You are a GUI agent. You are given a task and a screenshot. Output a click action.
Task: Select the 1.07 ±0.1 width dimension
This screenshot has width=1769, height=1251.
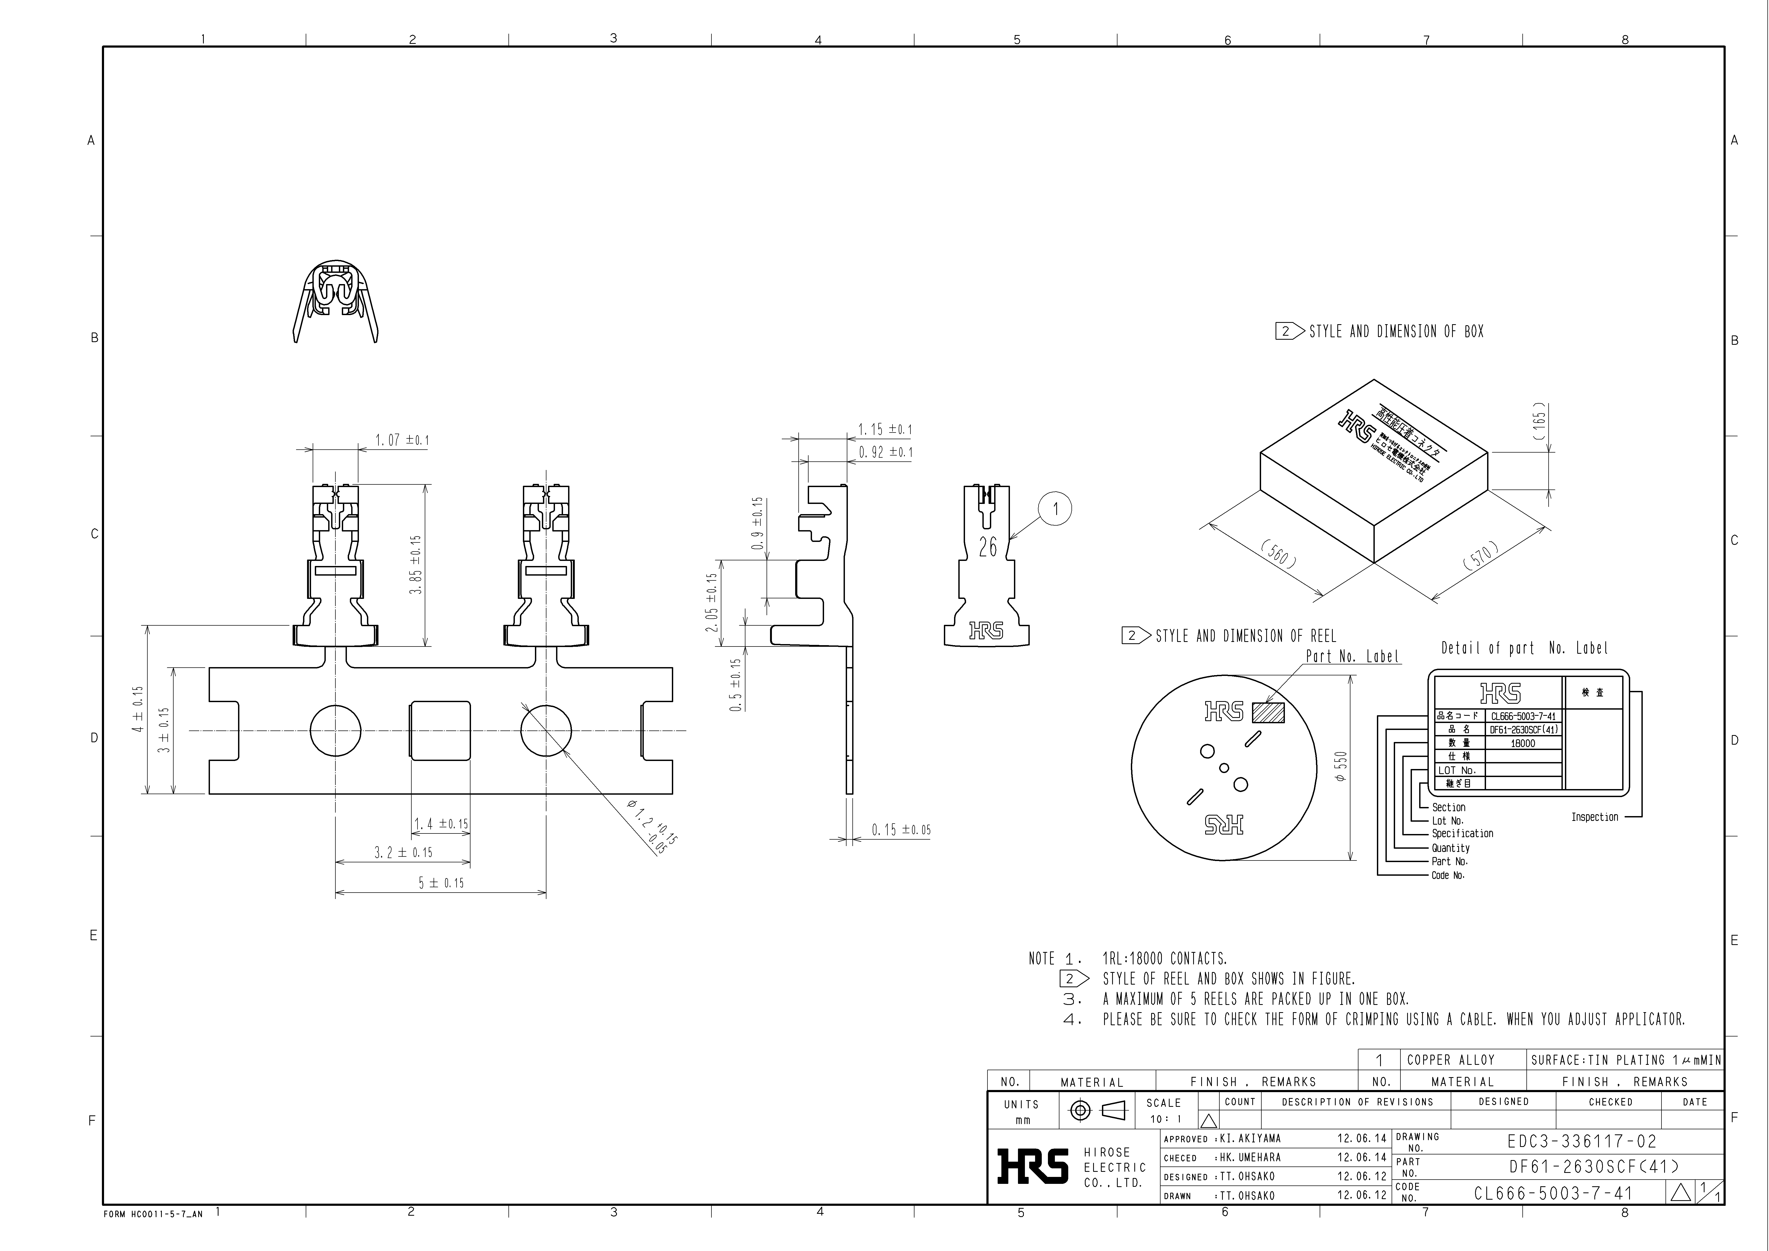pyautogui.click(x=401, y=441)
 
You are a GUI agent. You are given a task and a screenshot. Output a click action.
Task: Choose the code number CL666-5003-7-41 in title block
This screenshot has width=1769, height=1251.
pyautogui.click(x=1553, y=1193)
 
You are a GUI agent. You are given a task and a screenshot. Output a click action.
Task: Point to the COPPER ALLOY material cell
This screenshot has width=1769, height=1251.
pyautogui.click(x=1450, y=1060)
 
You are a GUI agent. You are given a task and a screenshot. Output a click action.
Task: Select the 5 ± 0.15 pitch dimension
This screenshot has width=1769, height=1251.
pyautogui.click(x=441, y=883)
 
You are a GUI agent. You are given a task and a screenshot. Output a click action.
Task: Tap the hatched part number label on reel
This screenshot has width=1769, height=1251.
pyautogui.click(x=1268, y=713)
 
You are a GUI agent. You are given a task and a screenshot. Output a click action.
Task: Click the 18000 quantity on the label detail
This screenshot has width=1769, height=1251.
pyautogui.click(x=1522, y=743)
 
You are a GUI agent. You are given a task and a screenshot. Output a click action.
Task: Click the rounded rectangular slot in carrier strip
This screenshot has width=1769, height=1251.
pyautogui.click(x=439, y=730)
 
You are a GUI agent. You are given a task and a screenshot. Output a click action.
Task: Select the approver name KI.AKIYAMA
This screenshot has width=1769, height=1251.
pyautogui.click(x=1250, y=1139)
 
